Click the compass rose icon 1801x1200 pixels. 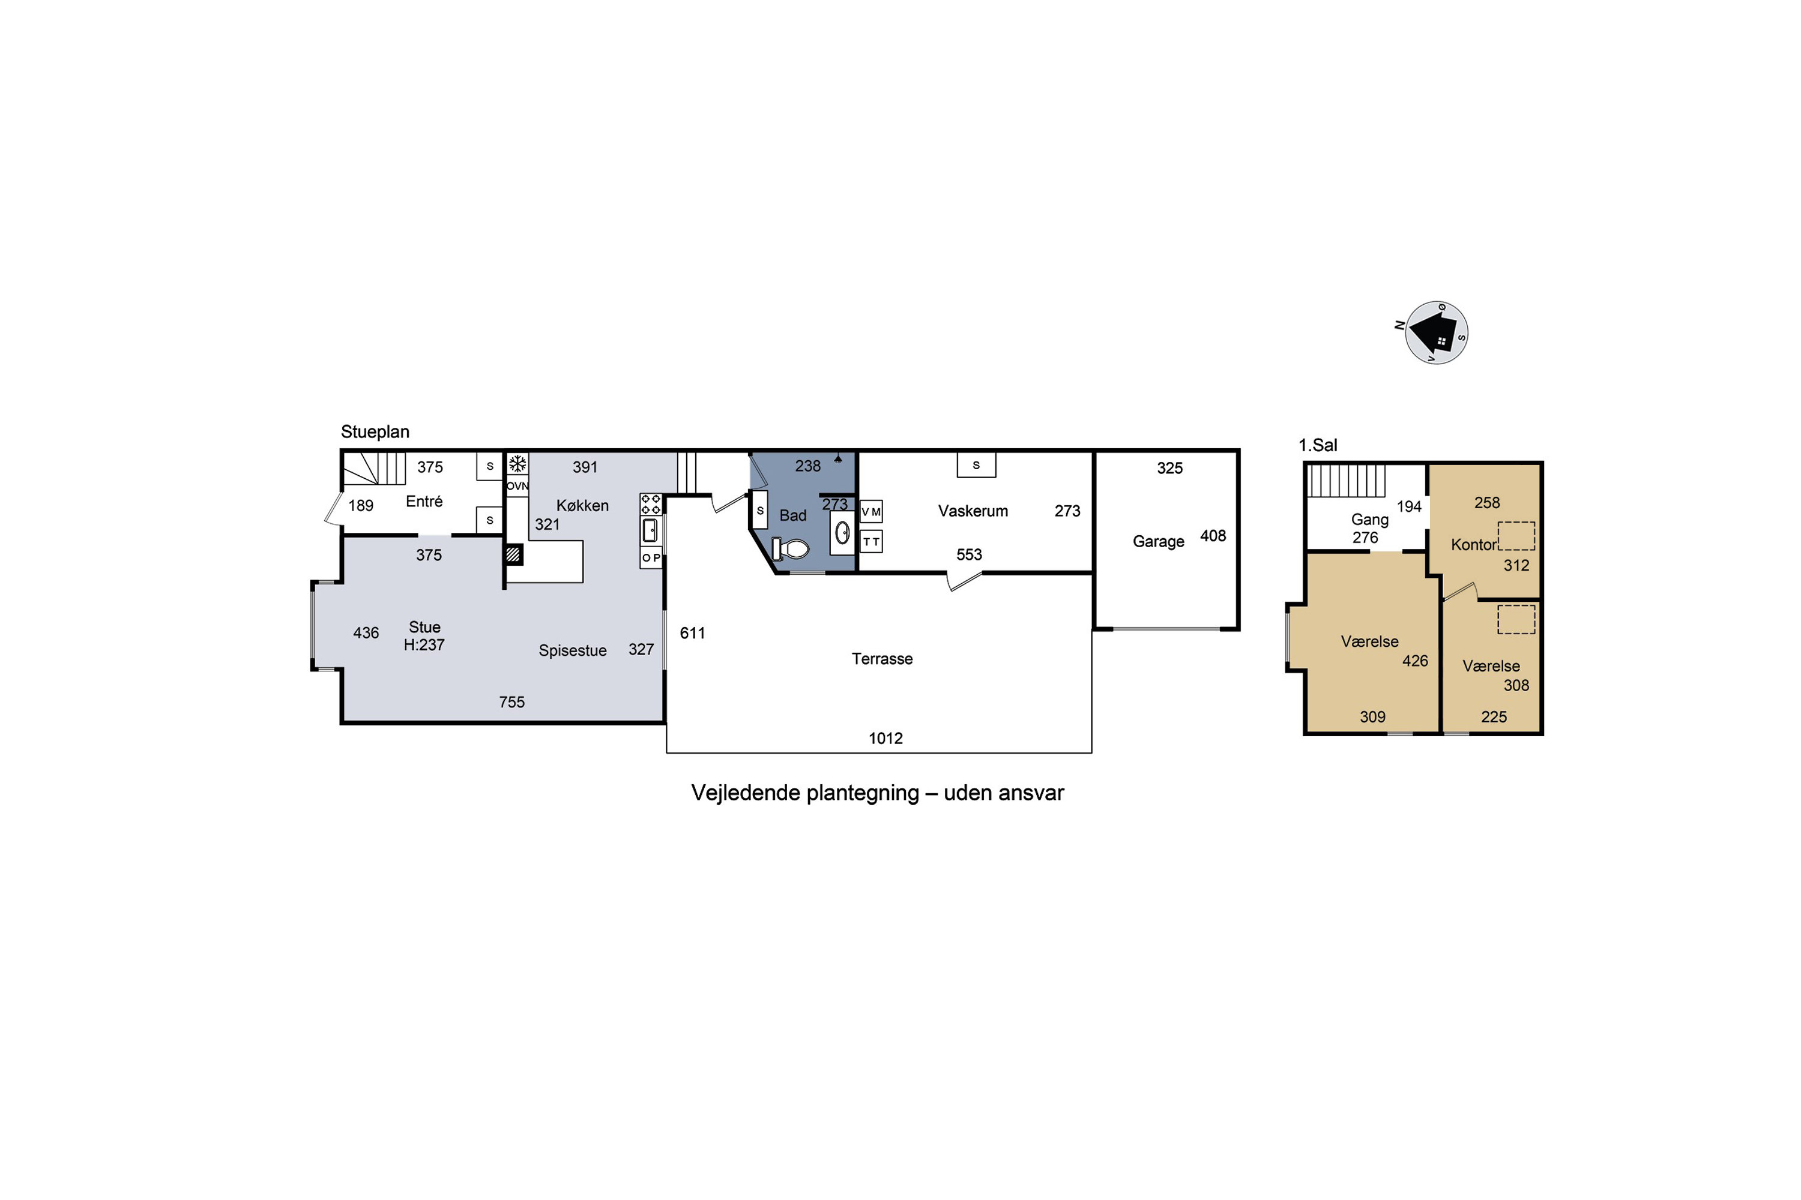pyautogui.click(x=1436, y=333)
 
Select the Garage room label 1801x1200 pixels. pyautogui.click(x=1159, y=542)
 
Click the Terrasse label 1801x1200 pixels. pyautogui.click(x=882, y=659)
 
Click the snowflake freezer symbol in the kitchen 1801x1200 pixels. pyautogui.click(x=517, y=464)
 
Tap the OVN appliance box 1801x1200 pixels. pyautogui.click(x=517, y=486)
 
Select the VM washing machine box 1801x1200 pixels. pyautogui.click(x=872, y=511)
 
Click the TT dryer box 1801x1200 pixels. pyautogui.click(x=872, y=542)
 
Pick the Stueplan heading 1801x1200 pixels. pyautogui.click(x=375, y=431)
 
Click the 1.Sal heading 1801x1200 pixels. pyautogui.click(x=1318, y=445)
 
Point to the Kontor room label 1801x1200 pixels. pyautogui.click(x=1473, y=545)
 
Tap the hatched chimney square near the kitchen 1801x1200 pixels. pyautogui.click(x=514, y=554)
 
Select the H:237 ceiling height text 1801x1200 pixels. pyautogui.click(x=424, y=645)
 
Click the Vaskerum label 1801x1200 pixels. pyautogui.click(x=973, y=511)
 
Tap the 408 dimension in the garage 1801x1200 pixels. pyautogui.click(x=1213, y=536)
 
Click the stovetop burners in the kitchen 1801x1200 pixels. pyautogui.click(x=651, y=505)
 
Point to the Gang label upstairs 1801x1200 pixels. pyautogui.click(x=1370, y=520)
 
